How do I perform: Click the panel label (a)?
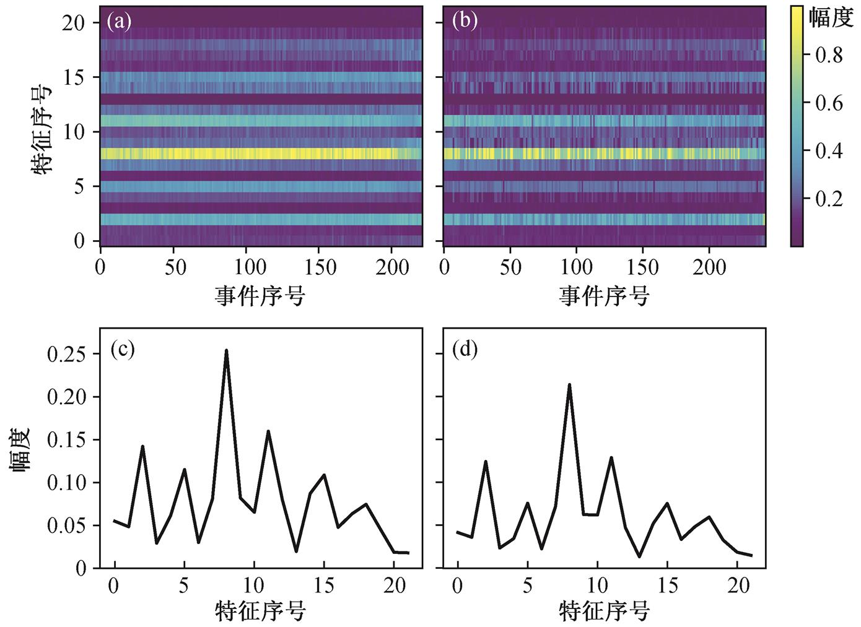(119, 22)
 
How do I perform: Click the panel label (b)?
(465, 22)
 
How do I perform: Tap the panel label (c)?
(123, 350)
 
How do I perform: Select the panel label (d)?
(465, 350)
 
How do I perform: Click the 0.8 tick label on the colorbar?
(829, 55)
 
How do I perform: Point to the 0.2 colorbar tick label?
(829, 199)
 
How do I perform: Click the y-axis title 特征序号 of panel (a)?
(42, 131)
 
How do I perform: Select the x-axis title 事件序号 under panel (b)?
(604, 296)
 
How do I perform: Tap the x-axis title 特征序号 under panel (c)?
(260, 611)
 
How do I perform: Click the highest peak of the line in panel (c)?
(226, 350)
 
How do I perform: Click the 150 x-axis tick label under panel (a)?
(321, 267)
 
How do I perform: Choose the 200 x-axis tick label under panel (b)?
(709, 267)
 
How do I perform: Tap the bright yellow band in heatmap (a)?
(261, 154)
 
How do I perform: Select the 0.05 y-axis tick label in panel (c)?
(66, 525)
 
